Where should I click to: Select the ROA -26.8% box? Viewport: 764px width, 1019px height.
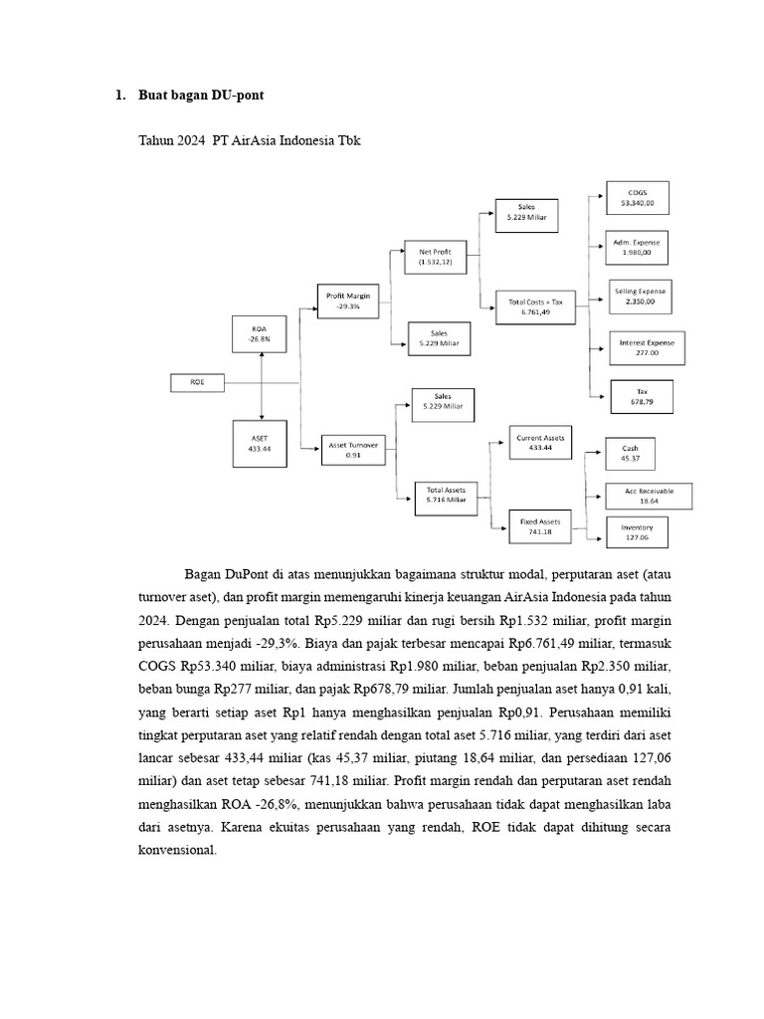261,332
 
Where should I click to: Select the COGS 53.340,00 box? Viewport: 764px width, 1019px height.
637,197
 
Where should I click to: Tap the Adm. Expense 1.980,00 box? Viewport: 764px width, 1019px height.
637,246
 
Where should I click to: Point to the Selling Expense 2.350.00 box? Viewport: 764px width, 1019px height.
639,296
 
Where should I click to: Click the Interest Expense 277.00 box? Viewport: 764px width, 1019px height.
639,346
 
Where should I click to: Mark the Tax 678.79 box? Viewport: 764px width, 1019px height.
642,396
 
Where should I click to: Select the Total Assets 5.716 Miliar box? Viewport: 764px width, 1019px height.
446,496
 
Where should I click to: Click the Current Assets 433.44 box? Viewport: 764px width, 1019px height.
541,443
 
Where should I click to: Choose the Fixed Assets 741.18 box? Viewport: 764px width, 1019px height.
541,526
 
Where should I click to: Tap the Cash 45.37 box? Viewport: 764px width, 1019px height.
631,454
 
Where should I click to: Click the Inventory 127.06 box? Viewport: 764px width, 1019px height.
637,532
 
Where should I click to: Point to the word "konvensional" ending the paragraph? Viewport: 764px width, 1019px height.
176,852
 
